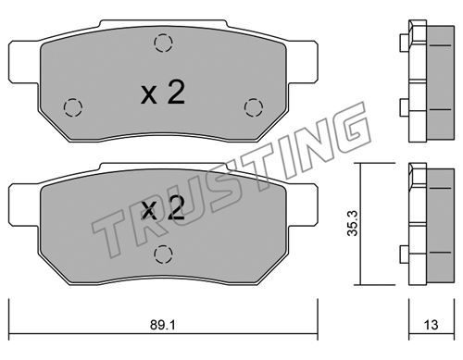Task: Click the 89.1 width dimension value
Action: click(163, 325)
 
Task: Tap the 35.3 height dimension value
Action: click(352, 223)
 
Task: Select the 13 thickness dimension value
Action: click(431, 325)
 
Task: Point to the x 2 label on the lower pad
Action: click(163, 208)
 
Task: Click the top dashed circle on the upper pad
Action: click(163, 43)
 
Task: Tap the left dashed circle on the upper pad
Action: click(73, 107)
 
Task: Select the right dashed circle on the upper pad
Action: click(254, 107)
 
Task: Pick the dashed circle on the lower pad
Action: click(163, 254)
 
